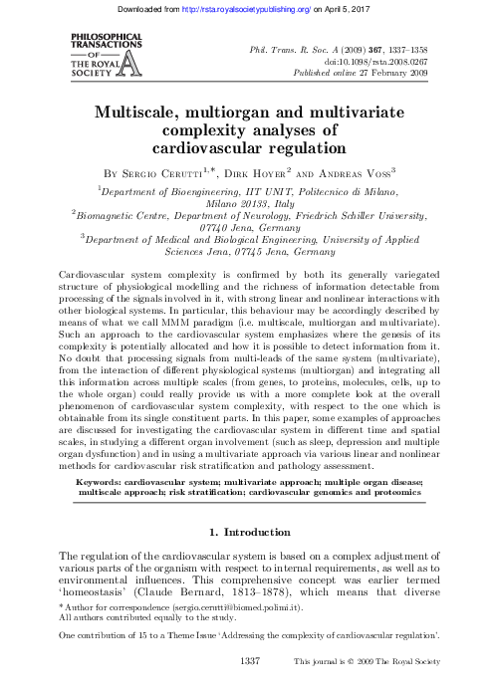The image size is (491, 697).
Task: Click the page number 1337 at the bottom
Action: coord(250,687)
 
